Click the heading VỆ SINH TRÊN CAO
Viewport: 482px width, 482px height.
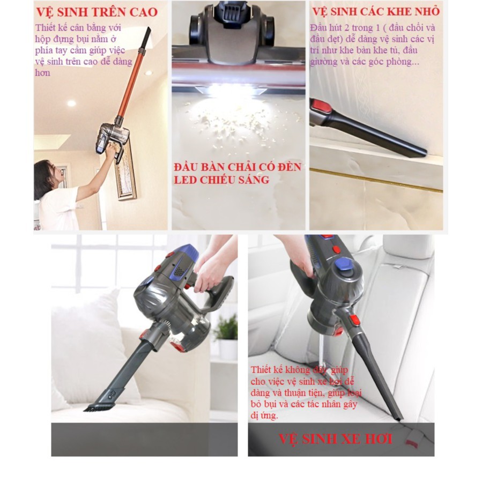pyautogui.click(x=97, y=12)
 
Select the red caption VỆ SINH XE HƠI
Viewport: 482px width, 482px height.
pyautogui.click(x=335, y=439)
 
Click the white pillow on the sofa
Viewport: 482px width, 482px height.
pyautogui.click(x=88, y=343)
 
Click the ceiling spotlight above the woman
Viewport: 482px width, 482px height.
pyautogui.click(x=71, y=103)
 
